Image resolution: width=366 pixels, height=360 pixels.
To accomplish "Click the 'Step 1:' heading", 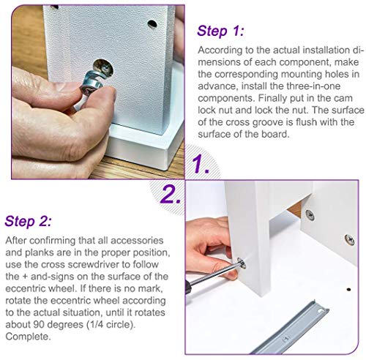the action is pos(220,31).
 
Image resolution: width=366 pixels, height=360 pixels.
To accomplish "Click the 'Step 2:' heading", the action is pos(29,222).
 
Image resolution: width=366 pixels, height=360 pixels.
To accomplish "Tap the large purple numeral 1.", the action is pos(200,164).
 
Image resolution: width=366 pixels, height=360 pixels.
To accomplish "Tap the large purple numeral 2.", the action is pos(171,194).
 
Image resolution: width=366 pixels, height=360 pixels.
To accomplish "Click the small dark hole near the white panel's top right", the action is pos(152,24).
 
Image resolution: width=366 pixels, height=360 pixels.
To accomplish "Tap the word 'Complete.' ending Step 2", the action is pos(28,337).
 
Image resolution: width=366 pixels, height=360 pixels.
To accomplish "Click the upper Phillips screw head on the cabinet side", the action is pos(310,214).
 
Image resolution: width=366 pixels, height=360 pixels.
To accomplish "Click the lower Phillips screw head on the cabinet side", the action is pos(349,239).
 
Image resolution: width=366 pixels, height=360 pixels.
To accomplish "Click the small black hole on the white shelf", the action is pos(348,290).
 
